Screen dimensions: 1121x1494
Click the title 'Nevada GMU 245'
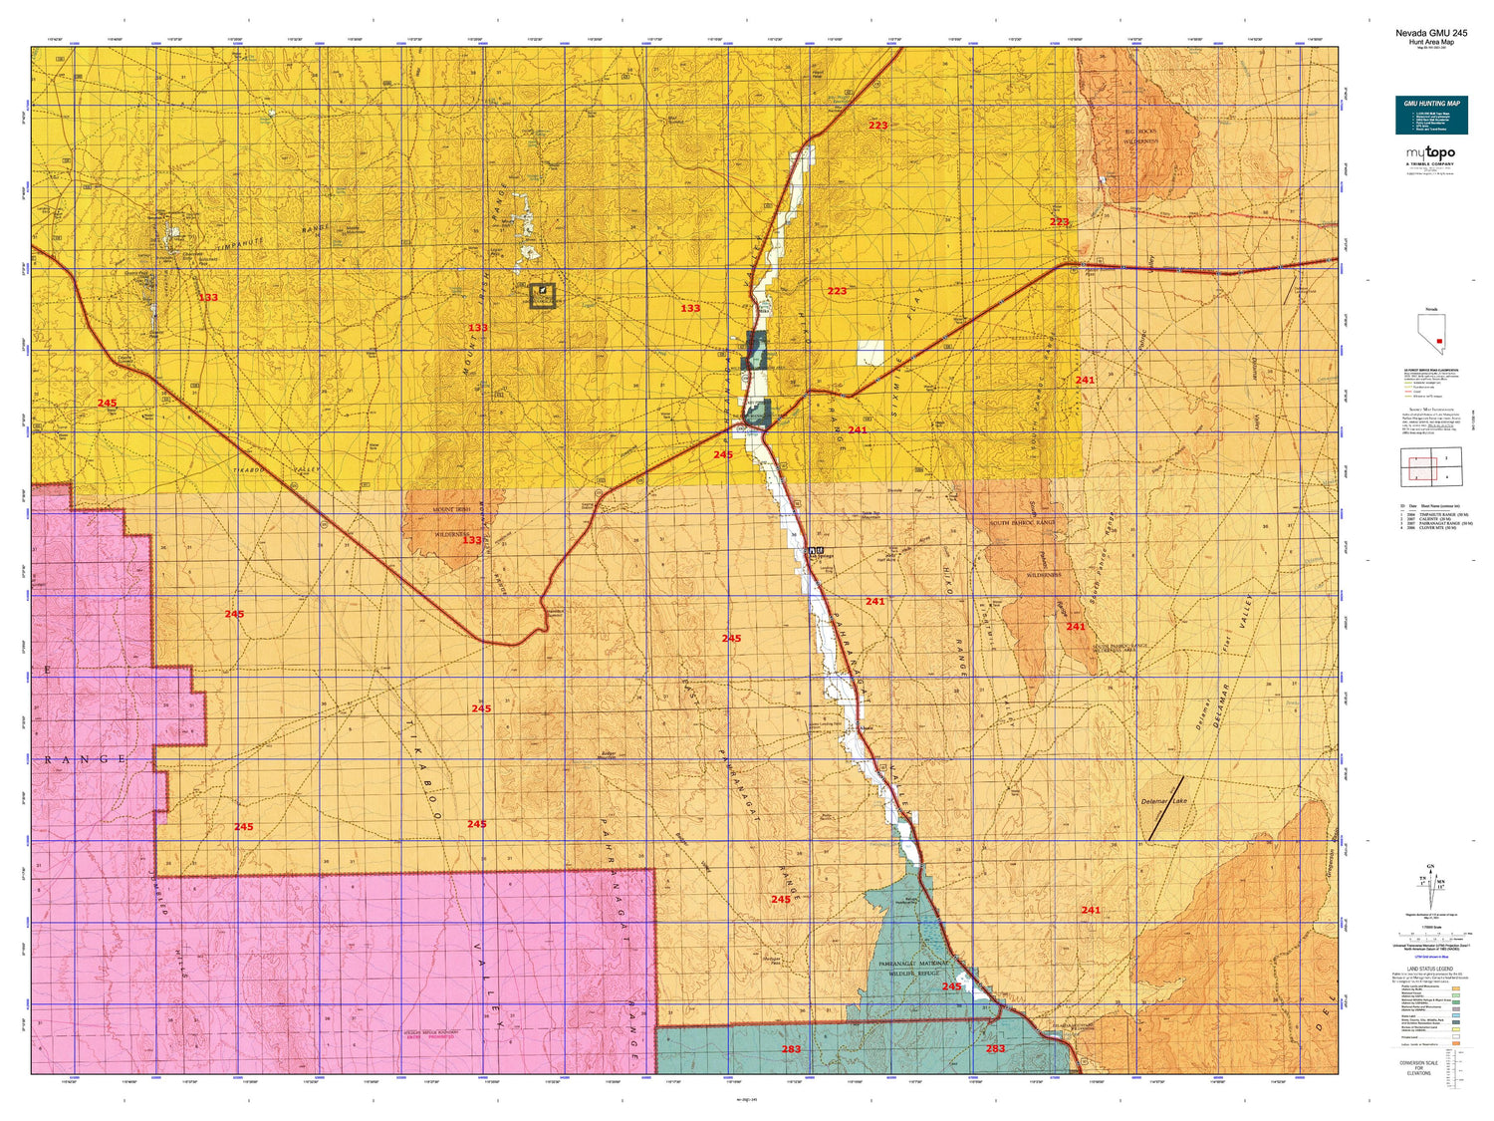click(x=1430, y=33)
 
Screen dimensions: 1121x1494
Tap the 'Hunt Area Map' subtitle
click(x=1430, y=42)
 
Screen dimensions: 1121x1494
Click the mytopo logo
click(x=1430, y=154)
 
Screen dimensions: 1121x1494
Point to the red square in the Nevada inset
click(x=1439, y=341)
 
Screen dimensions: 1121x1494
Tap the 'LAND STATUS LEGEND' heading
click(x=1430, y=969)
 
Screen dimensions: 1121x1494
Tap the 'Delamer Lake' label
click(x=1163, y=801)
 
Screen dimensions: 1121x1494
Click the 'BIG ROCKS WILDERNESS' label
click(x=1141, y=137)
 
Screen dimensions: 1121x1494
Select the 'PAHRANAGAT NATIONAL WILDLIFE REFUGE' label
click(x=914, y=969)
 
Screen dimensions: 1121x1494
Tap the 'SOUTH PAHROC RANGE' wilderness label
click(x=1022, y=522)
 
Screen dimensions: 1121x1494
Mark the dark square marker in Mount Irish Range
click(x=542, y=295)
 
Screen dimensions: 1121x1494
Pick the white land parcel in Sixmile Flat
click(x=871, y=353)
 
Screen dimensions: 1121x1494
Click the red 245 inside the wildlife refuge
click(x=951, y=986)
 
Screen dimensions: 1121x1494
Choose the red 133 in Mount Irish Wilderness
click(x=471, y=541)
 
